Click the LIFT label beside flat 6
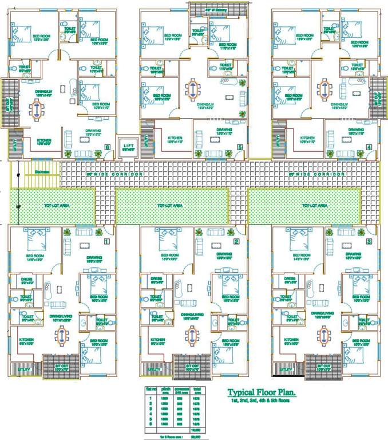coord(127,146)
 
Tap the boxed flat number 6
coord(108,147)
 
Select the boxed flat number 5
coord(239,147)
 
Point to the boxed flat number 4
coord(369,147)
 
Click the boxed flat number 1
coord(106,241)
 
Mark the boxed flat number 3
coord(369,241)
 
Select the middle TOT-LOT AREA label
coord(170,205)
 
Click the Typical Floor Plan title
coord(262,393)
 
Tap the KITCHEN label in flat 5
coord(175,138)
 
